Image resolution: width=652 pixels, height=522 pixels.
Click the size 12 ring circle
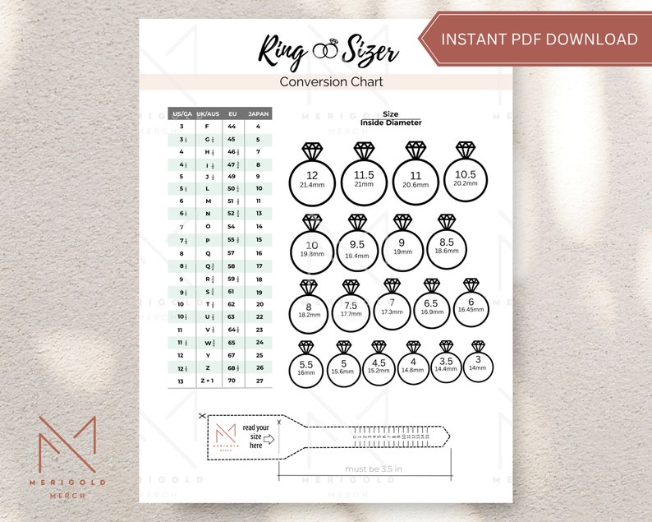pyautogui.click(x=312, y=180)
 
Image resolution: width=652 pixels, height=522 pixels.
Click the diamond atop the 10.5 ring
pyautogui.click(x=466, y=150)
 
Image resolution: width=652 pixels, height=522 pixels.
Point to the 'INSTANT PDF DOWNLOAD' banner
pyautogui.click(x=539, y=39)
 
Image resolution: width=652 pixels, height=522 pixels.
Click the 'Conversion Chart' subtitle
pyautogui.click(x=331, y=82)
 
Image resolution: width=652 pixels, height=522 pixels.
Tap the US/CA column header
pyautogui.click(x=181, y=113)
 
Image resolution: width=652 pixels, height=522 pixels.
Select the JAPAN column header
pyautogui.click(x=258, y=113)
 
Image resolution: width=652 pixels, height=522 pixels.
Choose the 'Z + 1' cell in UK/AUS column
pyautogui.click(x=207, y=381)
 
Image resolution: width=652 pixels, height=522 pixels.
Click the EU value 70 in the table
pyautogui.click(x=232, y=381)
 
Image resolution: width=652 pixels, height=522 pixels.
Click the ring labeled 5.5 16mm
pyautogui.click(x=306, y=367)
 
